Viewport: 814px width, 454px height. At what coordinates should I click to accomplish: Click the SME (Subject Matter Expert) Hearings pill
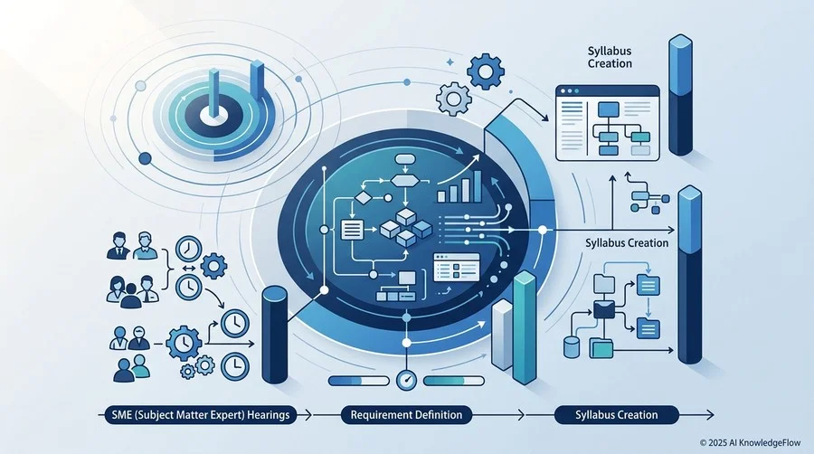tap(201, 414)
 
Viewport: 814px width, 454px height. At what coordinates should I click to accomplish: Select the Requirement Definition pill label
tap(406, 414)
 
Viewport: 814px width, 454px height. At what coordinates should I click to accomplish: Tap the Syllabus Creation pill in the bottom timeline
tap(616, 414)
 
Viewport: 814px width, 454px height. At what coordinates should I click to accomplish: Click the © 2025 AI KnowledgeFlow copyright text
tap(750, 442)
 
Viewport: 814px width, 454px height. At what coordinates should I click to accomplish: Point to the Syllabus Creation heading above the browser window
tap(610, 57)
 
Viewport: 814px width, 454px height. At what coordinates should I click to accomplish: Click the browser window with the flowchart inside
tap(608, 123)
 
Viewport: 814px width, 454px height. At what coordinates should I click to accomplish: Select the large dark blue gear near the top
tap(486, 71)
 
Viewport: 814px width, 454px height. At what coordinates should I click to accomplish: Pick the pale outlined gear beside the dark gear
tap(453, 98)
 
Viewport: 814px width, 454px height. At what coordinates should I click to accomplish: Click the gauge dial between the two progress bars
tap(406, 381)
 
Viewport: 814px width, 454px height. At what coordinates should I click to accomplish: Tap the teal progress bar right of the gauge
tap(454, 381)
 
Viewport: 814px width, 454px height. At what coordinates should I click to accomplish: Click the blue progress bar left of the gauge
tap(359, 381)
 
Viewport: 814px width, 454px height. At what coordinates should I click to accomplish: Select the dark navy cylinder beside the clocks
tap(275, 335)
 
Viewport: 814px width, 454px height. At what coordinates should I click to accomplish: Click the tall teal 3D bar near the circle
tap(525, 327)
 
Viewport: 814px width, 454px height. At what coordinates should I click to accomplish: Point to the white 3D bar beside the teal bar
tap(502, 335)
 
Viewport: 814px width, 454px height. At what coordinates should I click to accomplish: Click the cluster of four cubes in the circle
tap(406, 227)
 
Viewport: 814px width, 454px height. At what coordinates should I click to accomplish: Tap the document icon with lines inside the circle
tap(352, 230)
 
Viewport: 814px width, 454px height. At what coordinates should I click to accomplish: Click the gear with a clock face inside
tap(184, 343)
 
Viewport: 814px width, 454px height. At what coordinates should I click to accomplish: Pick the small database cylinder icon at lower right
tap(572, 347)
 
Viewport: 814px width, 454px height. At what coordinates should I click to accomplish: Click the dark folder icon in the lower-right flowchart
tap(604, 309)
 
